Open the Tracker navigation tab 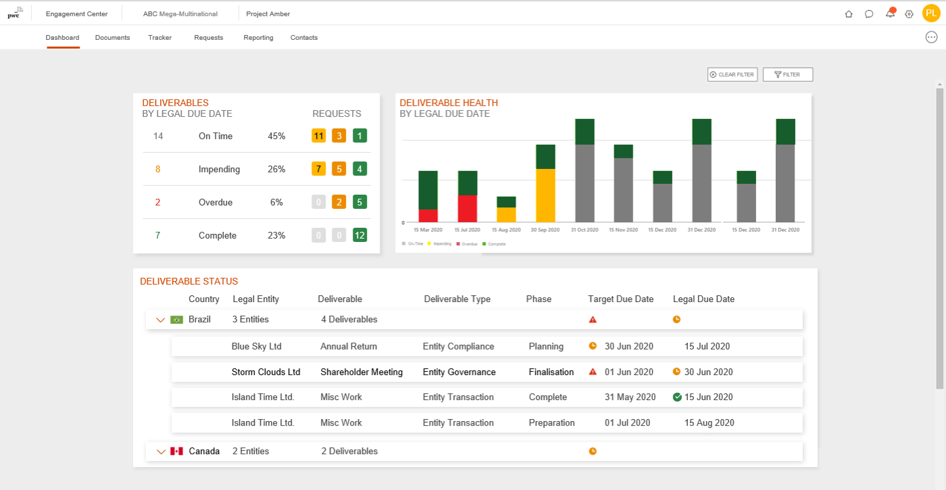[x=159, y=38]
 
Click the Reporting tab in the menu [x=258, y=38]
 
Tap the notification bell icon [x=890, y=14]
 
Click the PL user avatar [x=930, y=14]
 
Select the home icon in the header [x=849, y=14]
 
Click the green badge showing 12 [x=359, y=235]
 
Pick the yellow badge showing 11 [x=318, y=136]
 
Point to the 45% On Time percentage [x=276, y=136]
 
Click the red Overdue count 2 [x=158, y=202]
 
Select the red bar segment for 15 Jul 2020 [x=468, y=209]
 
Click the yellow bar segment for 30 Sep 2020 [x=545, y=195]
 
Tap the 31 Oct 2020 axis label [x=584, y=230]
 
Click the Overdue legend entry [x=468, y=243]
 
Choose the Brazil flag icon [x=177, y=320]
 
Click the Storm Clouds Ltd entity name [x=266, y=372]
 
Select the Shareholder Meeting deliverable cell [x=361, y=372]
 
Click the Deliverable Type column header [x=457, y=299]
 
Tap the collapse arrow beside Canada [x=160, y=451]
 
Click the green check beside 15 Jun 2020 [x=677, y=397]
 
